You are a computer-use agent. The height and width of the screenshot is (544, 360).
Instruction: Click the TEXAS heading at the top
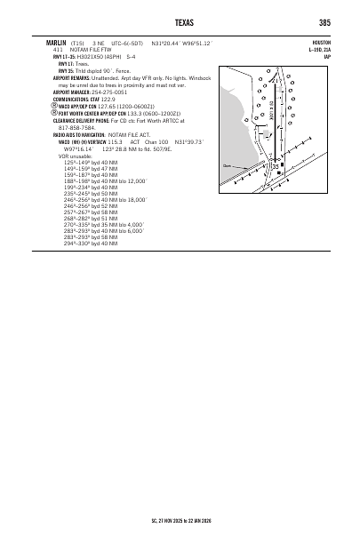coord(180,23)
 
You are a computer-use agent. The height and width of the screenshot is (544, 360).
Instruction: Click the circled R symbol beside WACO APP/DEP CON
coord(55,106)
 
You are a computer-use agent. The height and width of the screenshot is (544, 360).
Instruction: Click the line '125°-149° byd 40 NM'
coord(91,162)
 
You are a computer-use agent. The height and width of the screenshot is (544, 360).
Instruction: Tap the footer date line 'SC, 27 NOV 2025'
coord(180,524)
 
